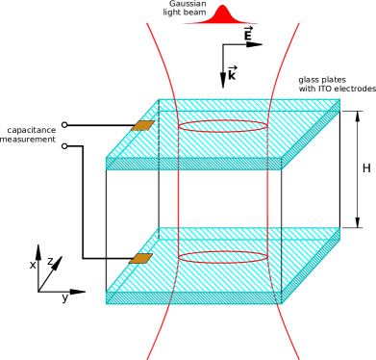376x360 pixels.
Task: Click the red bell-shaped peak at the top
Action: (222, 13)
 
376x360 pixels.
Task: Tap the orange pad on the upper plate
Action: (142, 125)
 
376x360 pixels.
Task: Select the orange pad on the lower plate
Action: (141, 258)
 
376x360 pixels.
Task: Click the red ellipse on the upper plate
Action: (222, 126)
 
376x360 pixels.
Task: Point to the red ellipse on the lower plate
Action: (222, 256)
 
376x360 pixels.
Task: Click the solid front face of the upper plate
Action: (192, 164)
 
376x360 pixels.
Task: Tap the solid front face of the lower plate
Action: (192, 298)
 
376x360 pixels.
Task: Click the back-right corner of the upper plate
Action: (339, 99)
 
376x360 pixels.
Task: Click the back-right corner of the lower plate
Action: (339, 228)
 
